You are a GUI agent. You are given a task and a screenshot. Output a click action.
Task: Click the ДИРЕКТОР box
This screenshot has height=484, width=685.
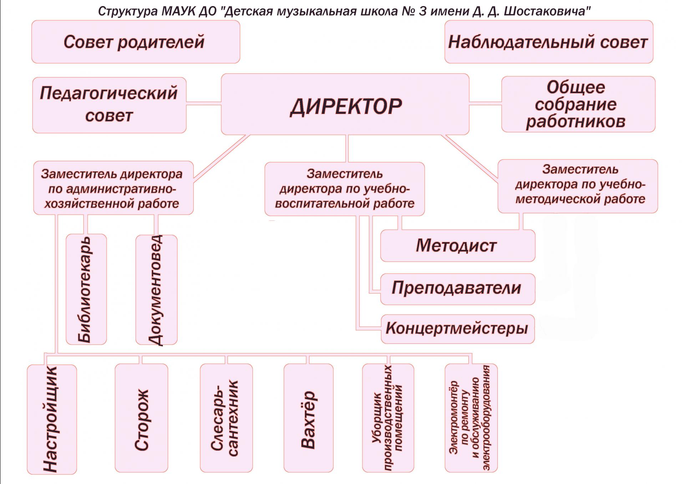(345, 104)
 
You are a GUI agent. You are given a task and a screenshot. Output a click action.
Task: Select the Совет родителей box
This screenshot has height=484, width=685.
(136, 42)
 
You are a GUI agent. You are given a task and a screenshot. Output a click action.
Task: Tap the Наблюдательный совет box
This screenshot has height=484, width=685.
(549, 42)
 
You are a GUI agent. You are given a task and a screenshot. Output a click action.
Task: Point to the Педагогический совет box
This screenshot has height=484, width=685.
(109, 105)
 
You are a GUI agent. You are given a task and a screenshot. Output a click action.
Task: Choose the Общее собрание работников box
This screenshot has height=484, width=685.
(578, 104)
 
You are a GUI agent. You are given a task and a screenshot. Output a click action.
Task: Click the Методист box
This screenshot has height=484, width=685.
(458, 246)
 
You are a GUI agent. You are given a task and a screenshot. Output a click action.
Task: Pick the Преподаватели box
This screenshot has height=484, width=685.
(458, 289)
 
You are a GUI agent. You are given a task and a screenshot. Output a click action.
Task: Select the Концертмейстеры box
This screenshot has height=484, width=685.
(458, 329)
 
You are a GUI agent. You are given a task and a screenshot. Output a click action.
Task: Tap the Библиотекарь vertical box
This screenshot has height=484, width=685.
(86, 289)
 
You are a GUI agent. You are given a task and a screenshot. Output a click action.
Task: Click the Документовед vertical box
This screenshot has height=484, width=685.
(157, 290)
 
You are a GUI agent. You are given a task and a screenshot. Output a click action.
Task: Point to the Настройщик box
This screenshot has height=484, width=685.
(52, 419)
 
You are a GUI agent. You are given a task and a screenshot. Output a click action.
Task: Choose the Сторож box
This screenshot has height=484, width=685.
(141, 418)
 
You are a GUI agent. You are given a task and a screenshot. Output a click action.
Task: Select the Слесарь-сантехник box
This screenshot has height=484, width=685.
(226, 418)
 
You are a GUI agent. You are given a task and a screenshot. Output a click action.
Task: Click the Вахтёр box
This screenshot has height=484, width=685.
(309, 418)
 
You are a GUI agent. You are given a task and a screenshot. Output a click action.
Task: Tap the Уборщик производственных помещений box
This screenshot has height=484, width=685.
(388, 418)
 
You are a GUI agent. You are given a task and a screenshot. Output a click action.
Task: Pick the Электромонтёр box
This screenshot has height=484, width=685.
(471, 418)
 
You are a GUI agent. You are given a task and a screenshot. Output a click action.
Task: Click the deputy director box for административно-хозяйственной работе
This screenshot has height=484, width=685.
(113, 188)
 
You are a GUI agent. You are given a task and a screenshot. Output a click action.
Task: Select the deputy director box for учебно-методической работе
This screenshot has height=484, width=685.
(578, 186)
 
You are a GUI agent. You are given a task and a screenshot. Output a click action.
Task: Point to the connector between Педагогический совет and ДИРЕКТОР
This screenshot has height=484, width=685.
(204, 104)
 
